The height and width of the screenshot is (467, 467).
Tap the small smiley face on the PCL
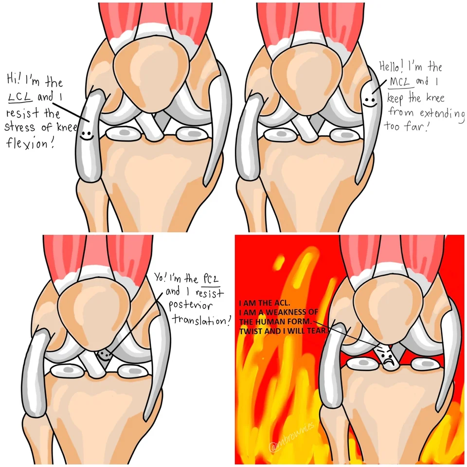(x=103, y=355)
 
